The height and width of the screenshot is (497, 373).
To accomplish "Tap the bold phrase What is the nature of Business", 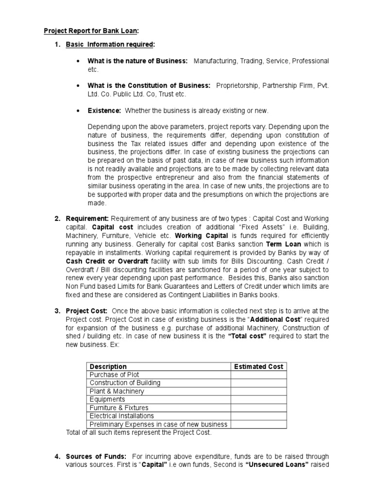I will [137, 61].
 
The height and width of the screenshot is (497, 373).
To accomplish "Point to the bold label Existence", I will [104, 111].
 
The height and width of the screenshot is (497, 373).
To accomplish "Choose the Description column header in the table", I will [108, 366].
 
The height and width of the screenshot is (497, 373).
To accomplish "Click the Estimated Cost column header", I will [258, 366].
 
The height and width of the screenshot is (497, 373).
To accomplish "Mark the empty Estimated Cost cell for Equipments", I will [258, 399].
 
